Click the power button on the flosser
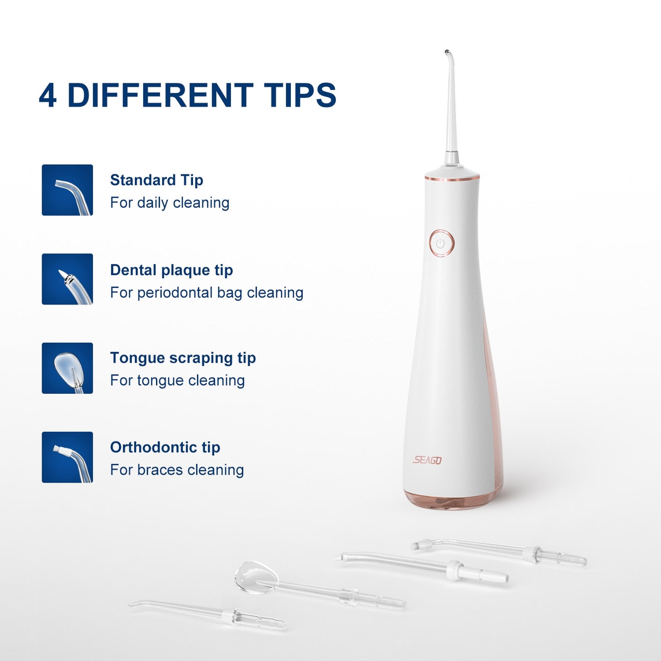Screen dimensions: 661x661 [x=442, y=243]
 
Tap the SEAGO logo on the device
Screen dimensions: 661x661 [x=427, y=460]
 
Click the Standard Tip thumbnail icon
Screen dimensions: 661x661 [x=67, y=190]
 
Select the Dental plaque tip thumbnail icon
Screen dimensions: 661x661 [x=67, y=279]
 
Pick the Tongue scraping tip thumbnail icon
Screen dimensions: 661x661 [x=67, y=368]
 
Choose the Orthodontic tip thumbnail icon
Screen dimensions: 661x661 [x=67, y=457]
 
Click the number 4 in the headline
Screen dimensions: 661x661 [x=48, y=95]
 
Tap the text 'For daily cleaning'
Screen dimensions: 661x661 [x=170, y=203]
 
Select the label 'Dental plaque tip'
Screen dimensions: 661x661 [x=172, y=270]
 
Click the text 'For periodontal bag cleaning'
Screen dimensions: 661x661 [x=207, y=293]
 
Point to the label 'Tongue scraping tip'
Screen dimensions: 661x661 [x=183, y=358]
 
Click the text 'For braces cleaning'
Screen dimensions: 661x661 [x=177, y=470]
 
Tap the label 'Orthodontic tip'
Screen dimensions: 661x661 [x=165, y=447]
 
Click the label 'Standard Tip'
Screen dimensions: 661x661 [x=156, y=180]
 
